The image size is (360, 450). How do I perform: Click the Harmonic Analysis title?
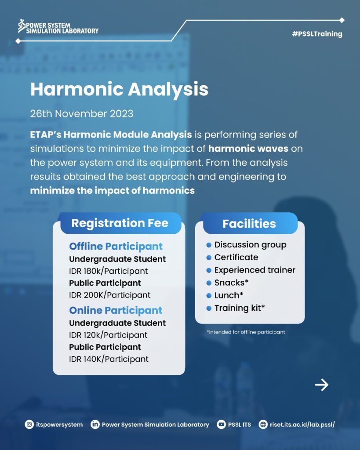(x=120, y=89)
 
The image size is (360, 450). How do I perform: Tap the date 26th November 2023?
(x=82, y=114)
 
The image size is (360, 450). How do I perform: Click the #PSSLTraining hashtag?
(x=317, y=34)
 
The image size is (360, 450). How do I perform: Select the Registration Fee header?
(x=120, y=223)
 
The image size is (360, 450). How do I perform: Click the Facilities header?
(x=249, y=224)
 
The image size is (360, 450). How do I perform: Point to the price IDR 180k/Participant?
(x=109, y=271)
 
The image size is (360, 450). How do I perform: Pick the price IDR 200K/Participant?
(x=109, y=295)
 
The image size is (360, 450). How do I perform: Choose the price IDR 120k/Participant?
(x=108, y=335)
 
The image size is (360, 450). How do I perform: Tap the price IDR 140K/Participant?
(x=109, y=359)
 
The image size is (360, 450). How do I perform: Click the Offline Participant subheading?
(x=116, y=247)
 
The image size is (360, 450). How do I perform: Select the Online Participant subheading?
(x=116, y=311)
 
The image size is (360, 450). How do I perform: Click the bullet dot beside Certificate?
(x=209, y=258)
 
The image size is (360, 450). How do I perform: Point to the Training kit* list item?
(x=240, y=308)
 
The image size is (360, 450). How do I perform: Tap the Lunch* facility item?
(x=229, y=295)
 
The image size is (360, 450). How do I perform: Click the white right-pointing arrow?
(x=321, y=385)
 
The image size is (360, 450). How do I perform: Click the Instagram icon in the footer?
(x=29, y=425)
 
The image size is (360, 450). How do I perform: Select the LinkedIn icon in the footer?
(x=95, y=425)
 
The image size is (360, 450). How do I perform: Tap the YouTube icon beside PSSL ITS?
(x=221, y=425)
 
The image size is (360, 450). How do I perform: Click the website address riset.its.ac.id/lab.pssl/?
(x=302, y=425)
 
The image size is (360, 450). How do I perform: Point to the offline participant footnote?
(x=246, y=332)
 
